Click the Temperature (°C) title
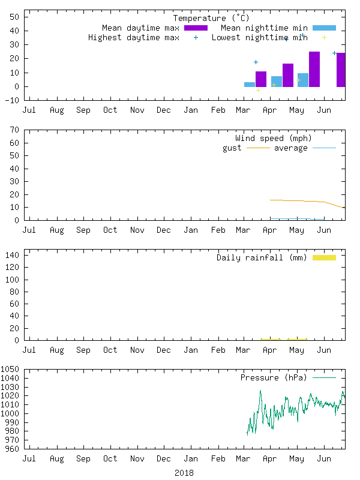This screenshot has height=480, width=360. [x=207, y=18]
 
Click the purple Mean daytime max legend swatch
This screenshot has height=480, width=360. [x=196, y=28]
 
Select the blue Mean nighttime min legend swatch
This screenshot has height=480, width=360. [x=324, y=28]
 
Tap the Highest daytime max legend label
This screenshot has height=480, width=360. [x=133, y=37]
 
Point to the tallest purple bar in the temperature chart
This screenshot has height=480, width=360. [x=314, y=69]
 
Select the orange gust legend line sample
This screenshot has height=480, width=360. [x=258, y=148]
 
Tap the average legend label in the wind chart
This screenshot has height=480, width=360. [x=290, y=148]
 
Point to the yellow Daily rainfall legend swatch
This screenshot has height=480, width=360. [x=324, y=257]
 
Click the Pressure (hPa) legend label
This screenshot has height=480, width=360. [x=273, y=377]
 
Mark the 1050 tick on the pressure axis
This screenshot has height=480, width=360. [x=11, y=370]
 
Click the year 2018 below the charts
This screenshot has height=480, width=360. [x=184, y=473]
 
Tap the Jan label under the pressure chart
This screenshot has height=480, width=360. [x=191, y=458]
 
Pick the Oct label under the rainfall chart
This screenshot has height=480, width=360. [x=110, y=350]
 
